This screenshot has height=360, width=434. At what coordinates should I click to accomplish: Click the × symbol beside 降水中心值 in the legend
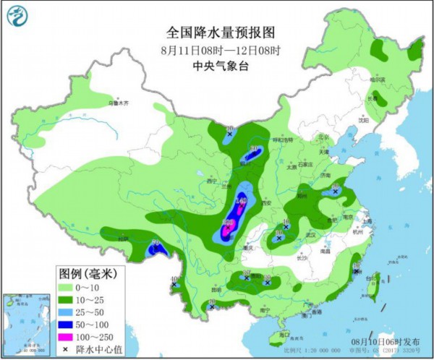tap(66, 348)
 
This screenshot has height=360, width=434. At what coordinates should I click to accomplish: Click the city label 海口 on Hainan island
tap(283, 335)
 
